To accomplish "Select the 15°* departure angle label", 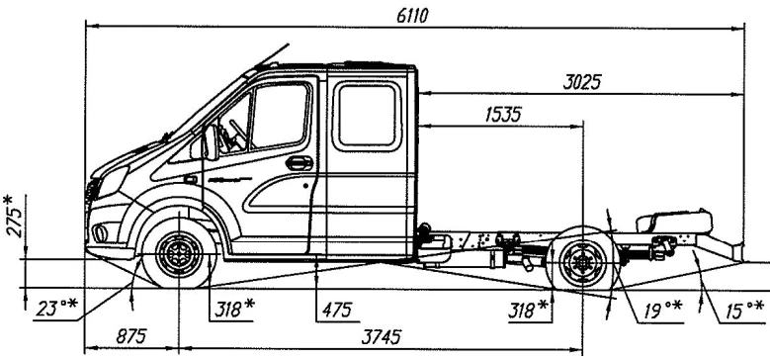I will click(x=743, y=309).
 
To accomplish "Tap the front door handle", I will click(x=299, y=162).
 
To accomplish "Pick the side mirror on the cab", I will click(x=211, y=143).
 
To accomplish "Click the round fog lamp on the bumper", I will click(x=101, y=233).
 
